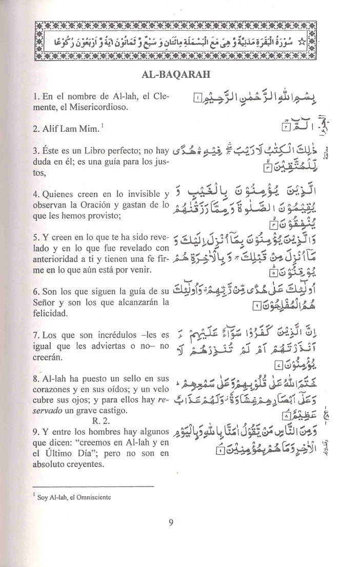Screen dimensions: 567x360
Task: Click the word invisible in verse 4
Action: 142,193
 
